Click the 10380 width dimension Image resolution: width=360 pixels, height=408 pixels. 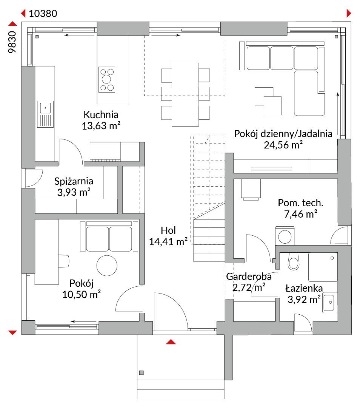pos(43,14)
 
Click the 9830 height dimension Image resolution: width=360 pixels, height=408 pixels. pos(12,42)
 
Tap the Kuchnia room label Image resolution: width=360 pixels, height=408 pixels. pos(101,114)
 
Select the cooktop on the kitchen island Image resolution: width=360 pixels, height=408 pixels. pos(106,80)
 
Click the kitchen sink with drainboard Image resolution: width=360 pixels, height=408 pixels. pos(45,114)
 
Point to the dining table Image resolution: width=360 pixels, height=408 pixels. pos(185,94)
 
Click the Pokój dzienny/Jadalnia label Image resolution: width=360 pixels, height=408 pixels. pos(283,134)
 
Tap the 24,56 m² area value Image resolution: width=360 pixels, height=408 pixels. pos(283,145)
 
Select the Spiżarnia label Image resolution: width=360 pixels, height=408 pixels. pos(74,181)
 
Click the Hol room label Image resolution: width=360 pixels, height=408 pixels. pos(168,230)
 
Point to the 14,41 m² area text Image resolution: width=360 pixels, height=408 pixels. pos(168,241)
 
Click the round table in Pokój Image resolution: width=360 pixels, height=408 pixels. pos(107,266)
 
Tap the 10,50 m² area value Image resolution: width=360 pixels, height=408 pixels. pos(82,294)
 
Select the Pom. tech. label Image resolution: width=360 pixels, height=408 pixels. pos(300,203)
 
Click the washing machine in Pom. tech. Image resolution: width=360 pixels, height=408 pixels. pos(285,236)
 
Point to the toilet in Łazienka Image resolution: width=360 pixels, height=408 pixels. pos(294,261)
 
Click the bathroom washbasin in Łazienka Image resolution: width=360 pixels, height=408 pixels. pos(329,302)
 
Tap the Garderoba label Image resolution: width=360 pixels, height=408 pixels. pos(249,276)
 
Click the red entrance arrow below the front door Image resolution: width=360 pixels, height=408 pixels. pos(171,342)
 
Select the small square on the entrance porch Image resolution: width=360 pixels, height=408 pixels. pos(142,373)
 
